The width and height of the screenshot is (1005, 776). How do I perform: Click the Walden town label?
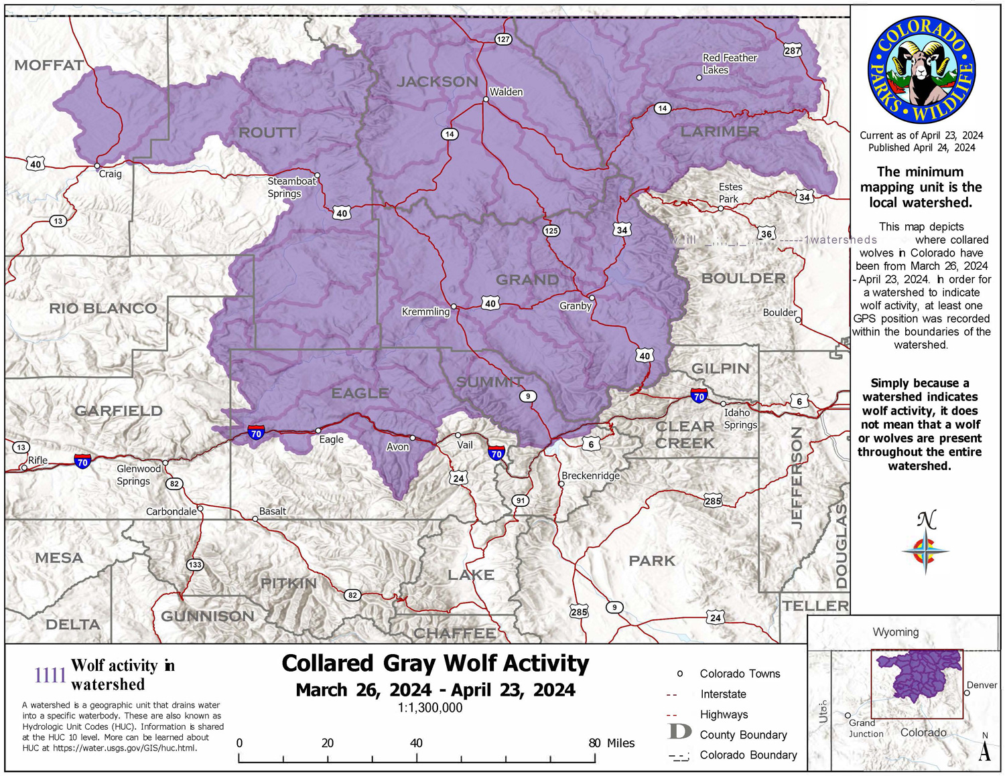point(506,92)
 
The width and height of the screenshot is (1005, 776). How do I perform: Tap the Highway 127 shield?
point(503,39)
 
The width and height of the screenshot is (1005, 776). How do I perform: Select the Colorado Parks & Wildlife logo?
point(921,70)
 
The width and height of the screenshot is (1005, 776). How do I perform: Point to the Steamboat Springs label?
point(291,187)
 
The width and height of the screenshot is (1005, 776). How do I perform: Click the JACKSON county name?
point(437,82)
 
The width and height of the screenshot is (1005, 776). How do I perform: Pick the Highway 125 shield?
point(551,230)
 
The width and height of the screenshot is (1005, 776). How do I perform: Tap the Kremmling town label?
point(425,311)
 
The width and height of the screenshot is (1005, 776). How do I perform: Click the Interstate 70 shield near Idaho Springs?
point(699,396)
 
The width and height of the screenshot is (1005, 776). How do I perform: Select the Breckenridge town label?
point(590,475)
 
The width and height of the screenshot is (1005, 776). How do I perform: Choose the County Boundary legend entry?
point(743,734)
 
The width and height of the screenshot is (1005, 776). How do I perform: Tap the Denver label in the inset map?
point(982,685)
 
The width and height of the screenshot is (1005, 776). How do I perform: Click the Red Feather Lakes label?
point(729,64)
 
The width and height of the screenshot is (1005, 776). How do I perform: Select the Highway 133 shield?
point(194,564)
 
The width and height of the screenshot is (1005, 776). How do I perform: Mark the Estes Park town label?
point(730,193)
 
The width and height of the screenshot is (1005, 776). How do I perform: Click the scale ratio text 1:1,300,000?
point(429,708)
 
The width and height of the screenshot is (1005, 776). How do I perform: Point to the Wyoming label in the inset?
point(895,632)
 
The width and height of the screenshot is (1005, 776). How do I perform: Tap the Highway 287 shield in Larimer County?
point(792,50)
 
